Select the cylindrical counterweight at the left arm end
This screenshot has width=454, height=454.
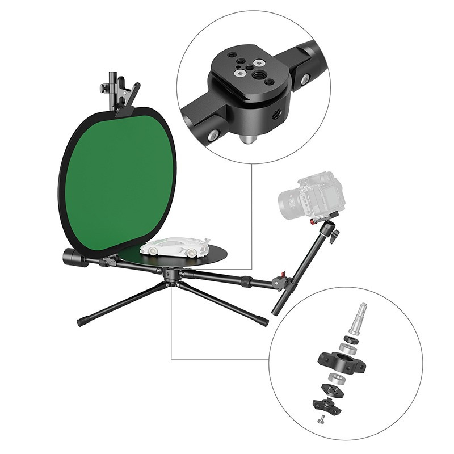pos(74,257)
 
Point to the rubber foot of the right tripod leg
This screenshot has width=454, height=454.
pos(262,322)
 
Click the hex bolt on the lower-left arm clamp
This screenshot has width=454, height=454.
pos(214,134)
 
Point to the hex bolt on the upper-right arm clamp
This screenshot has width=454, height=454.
pos(305,79)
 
